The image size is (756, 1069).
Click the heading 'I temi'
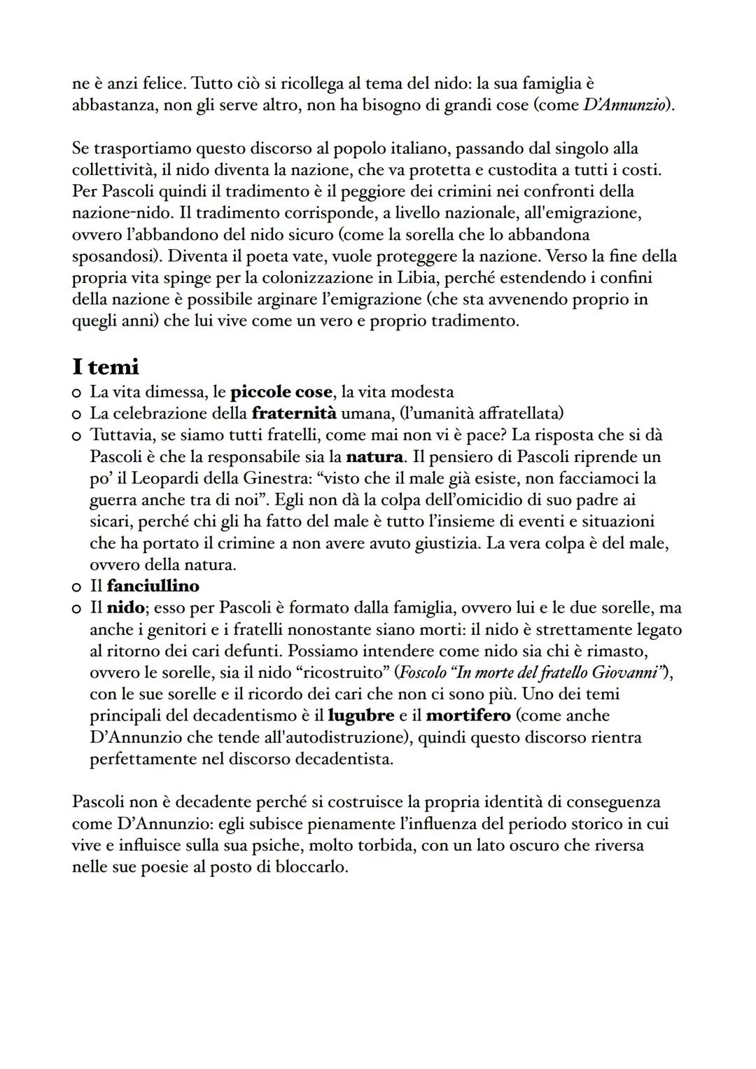pos(106,366)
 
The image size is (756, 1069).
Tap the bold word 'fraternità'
pos(294,413)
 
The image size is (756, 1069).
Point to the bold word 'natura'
pos(374,456)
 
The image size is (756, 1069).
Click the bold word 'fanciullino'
pos(153,585)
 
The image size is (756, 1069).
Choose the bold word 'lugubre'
pos(361,715)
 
